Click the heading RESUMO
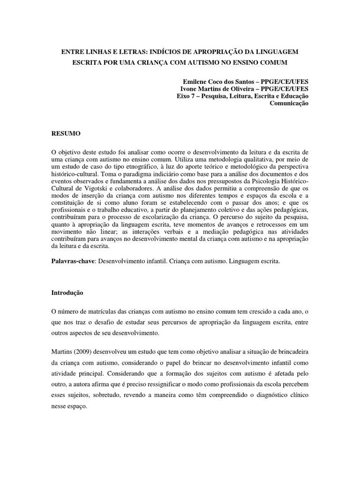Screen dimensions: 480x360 pos(66,134)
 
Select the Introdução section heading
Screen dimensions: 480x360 pos(67,292)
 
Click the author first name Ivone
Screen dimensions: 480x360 pos(189,89)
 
